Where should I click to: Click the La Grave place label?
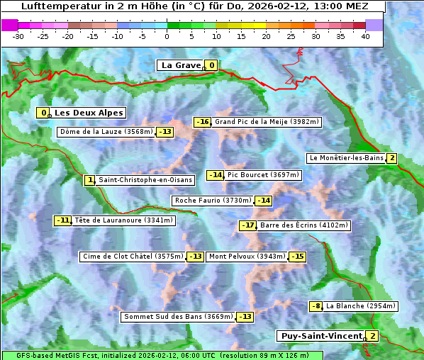coord(182,65)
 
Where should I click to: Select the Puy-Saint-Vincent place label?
coord(321,336)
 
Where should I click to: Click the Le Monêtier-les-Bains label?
coord(346,158)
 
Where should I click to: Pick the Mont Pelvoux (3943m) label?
coord(247,257)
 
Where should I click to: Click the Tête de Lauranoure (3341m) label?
coord(123,220)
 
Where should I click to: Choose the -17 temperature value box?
coord(247,225)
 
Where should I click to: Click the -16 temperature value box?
coord(203,122)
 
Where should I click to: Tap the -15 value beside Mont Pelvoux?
coord(297,257)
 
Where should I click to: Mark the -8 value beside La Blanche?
coord(316,306)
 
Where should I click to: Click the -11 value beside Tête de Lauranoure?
coord(63,220)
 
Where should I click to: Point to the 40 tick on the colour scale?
coord(365,36)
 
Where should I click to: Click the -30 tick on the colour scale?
coord(18,36)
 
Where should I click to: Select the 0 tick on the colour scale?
coord(167,36)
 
